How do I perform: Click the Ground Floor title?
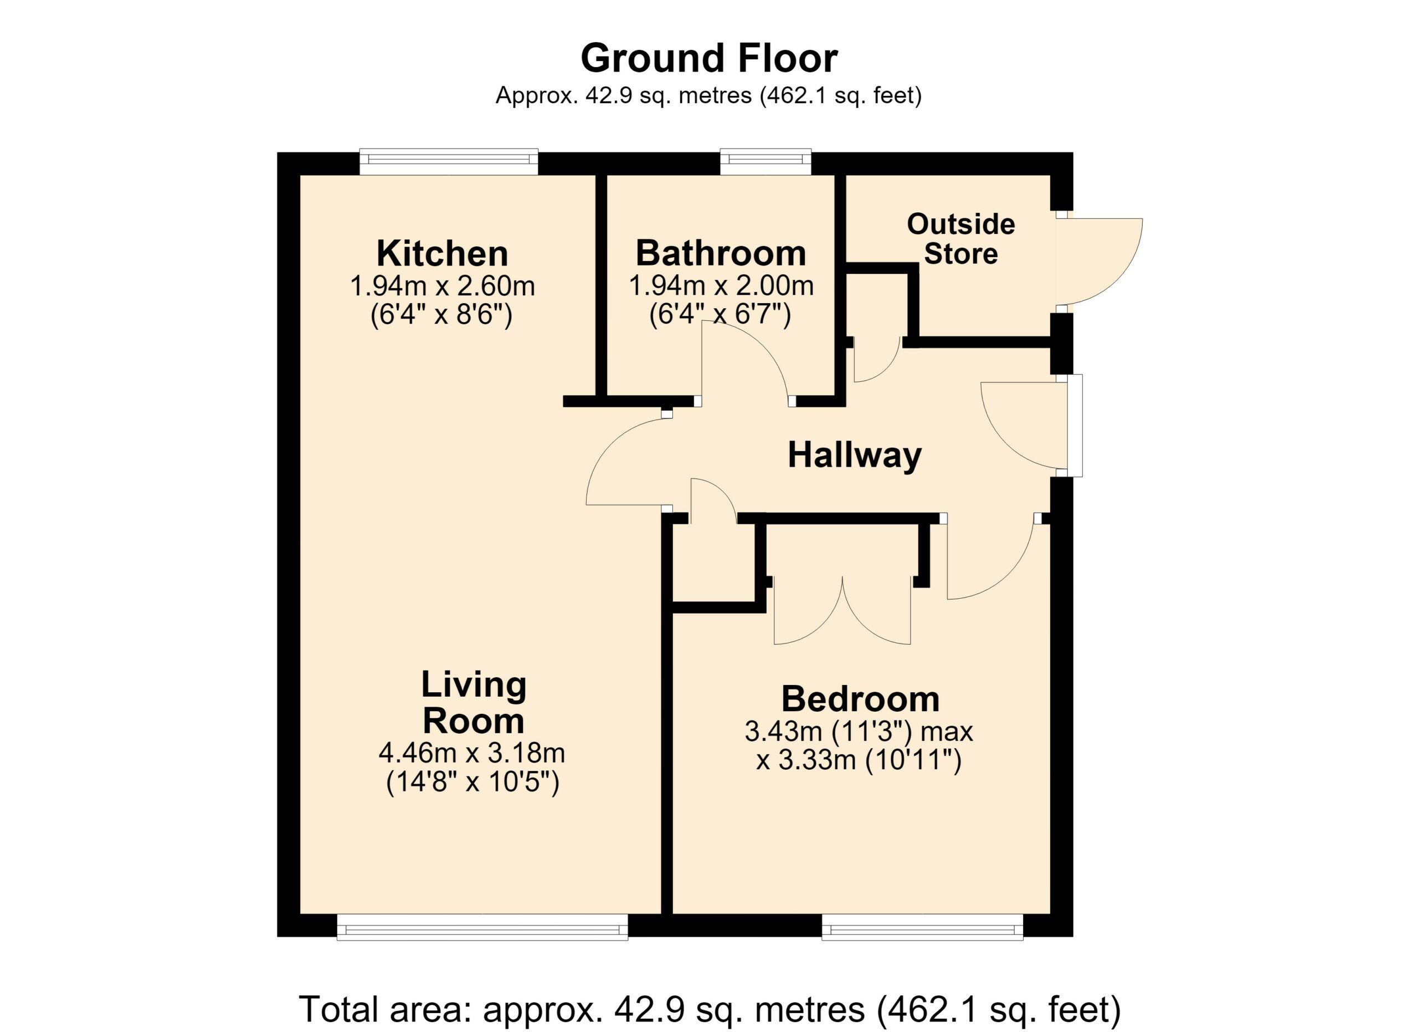(x=709, y=59)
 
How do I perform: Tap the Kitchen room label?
(x=442, y=253)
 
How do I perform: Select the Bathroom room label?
(x=721, y=253)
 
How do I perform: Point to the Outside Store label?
(x=961, y=239)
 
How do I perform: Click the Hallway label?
(x=855, y=456)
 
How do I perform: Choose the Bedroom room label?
(x=860, y=699)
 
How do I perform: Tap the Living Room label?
(x=473, y=702)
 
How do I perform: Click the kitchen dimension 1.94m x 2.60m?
(x=442, y=287)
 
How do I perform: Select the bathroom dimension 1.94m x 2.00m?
(x=721, y=287)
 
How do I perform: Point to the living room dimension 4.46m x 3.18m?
(x=472, y=753)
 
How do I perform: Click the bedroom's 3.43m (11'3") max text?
(x=859, y=731)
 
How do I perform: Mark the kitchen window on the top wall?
(x=449, y=162)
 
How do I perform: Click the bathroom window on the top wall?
(x=766, y=162)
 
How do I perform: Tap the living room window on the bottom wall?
(x=482, y=927)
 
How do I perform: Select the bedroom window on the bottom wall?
(x=922, y=927)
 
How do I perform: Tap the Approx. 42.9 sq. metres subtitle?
(x=709, y=96)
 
